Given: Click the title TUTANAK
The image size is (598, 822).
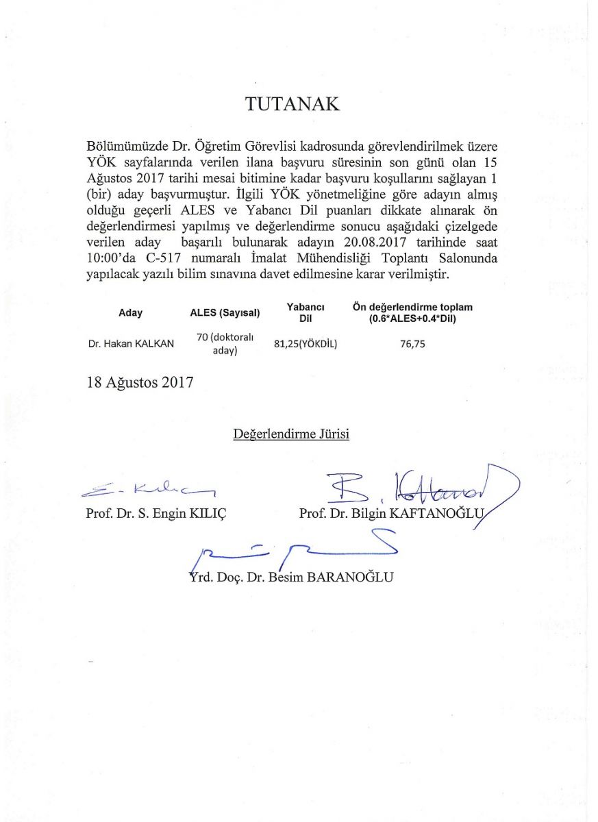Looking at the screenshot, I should pyautogui.click(x=292, y=104).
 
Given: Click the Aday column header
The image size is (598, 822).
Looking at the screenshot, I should pyautogui.click(x=130, y=313).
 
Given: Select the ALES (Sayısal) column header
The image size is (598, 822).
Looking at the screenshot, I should pyautogui.click(x=225, y=314).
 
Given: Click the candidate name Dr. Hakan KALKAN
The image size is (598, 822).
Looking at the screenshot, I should pyautogui.click(x=131, y=345).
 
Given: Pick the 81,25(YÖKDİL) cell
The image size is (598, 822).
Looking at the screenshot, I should pyautogui.click(x=306, y=345).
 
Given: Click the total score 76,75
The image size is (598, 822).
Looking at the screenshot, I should pyautogui.click(x=412, y=345).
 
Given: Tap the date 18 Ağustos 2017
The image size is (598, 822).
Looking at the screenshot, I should pyautogui.click(x=140, y=382).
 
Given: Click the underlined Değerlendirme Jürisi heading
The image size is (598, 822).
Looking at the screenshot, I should pyautogui.click(x=291, y=434).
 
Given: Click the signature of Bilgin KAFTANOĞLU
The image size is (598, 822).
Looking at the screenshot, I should pyautogui.click(x=418, y=486).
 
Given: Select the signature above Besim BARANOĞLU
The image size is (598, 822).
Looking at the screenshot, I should pyautogui.click(x=295, y=549).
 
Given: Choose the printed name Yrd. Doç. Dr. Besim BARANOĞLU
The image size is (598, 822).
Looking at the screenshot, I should pyautogui.click(x=291, y=577).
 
